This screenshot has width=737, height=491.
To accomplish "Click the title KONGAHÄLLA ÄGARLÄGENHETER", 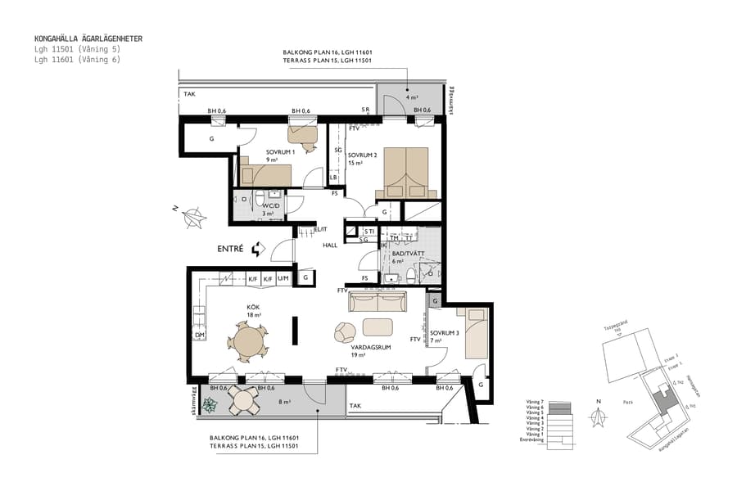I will click(x=88, y=38).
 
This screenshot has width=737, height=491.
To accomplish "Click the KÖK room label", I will click(x=254, y=308).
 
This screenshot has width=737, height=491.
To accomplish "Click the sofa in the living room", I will click(x=378, y=303).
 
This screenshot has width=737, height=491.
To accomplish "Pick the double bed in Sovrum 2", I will click(x=402, y=173).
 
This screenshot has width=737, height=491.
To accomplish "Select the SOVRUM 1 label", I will click(x=280, y=152).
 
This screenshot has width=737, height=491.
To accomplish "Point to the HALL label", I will click(x=330, y=245).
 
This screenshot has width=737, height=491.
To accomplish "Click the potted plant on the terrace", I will click(x=210, y=403).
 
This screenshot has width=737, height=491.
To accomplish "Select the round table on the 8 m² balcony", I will click(x=243, y=400).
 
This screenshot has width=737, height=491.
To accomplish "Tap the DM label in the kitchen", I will click(x=199, y=336).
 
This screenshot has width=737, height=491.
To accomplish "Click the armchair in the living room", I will click(x=345, y=331).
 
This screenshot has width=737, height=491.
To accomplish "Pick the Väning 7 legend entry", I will click(x=531, y=402).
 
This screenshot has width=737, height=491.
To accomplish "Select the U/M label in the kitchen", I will click(x=283, y=279).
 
